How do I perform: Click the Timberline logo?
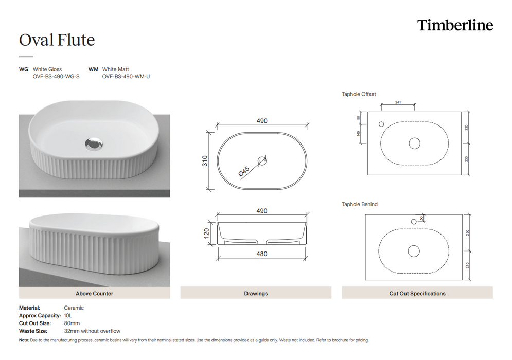(455, 25)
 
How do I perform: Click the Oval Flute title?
(57, 40)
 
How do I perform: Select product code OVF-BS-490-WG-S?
(56, 77)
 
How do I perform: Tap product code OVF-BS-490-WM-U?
(126, 77)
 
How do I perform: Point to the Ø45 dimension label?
(244, 172)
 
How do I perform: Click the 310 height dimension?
(204, 161)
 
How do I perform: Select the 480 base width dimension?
(262, 253)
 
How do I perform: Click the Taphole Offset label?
(359, 94)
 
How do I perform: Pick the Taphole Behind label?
(360, 204)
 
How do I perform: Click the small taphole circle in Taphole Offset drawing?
(381, 124)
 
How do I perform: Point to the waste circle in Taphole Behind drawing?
(414, 251)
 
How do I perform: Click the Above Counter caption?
(94, 294)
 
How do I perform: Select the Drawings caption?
(256, 294)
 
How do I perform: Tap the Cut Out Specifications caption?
(417, 294)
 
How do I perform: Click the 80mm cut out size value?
(72, 323)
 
